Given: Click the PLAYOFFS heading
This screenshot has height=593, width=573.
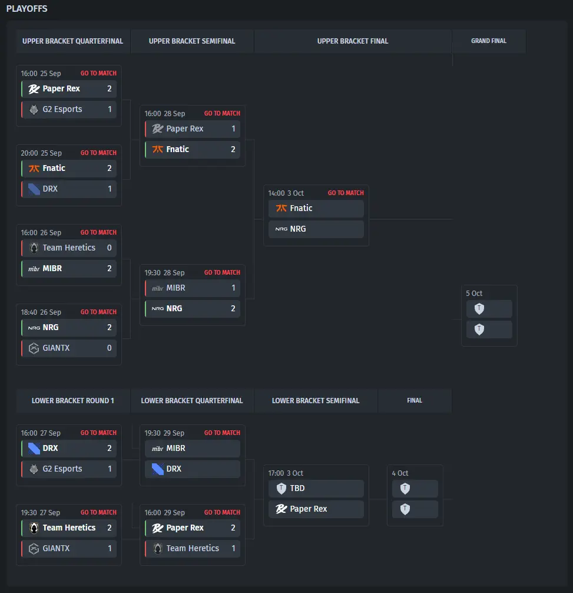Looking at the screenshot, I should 27,9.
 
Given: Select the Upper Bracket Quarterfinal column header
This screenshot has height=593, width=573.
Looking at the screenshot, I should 72,41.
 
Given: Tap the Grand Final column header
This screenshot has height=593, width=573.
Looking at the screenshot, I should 488,41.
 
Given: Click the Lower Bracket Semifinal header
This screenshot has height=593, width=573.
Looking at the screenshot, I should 315,401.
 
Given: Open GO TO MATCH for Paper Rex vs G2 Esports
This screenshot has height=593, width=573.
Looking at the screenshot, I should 98,74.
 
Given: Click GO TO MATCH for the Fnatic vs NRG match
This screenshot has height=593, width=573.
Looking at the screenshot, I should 346,193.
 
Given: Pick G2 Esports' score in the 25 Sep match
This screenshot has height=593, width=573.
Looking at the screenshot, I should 110,110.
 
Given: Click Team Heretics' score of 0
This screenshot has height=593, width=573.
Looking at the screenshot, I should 110,248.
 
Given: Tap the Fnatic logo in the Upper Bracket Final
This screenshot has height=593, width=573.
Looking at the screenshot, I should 281,209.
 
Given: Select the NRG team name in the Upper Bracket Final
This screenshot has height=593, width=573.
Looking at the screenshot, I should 298,229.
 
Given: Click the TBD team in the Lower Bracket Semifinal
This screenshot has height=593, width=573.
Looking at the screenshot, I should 297,489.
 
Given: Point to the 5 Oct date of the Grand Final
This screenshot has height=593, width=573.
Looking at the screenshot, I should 474,294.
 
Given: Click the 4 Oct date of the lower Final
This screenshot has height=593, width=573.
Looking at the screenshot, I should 400,473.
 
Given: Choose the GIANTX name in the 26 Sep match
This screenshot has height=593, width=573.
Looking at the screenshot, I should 56,348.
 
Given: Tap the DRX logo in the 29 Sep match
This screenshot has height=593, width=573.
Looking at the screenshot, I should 157,469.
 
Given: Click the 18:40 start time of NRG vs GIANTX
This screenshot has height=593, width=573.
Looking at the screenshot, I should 29,312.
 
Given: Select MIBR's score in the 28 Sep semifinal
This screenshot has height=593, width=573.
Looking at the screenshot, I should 233,288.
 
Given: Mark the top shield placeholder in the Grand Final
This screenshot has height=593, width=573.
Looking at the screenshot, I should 479,309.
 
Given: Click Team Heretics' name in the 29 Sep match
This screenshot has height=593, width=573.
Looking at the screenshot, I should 193,549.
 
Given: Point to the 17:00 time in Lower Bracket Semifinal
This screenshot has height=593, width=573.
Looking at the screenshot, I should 276,473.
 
